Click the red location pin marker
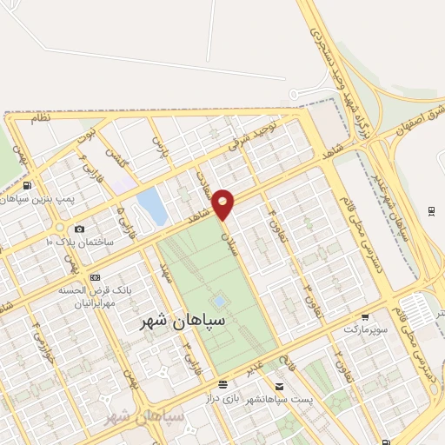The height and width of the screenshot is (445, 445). point(223,204)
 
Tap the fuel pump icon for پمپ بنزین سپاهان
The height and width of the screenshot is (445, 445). point(28,186)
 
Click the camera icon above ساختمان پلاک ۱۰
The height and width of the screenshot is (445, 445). point(79,229)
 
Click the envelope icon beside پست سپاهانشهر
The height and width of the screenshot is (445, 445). point(279,386)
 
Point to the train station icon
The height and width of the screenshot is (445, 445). point(432,211)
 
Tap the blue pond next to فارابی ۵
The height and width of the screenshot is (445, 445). point(151,206)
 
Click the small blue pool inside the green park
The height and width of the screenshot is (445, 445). point(219,301)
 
